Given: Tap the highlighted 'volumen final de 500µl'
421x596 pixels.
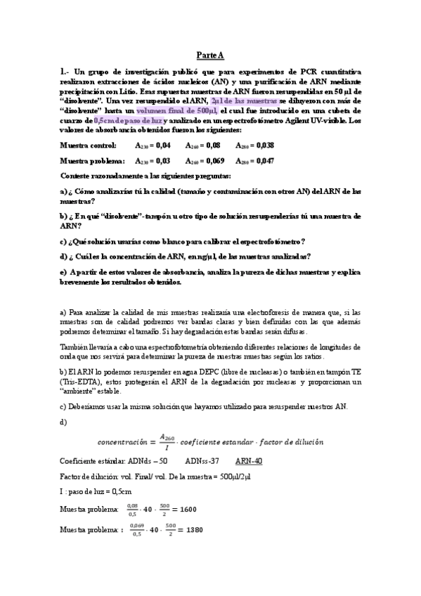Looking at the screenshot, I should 176,111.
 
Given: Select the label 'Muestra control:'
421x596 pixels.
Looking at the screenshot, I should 89,145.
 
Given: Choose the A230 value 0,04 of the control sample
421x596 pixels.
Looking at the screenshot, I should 162,145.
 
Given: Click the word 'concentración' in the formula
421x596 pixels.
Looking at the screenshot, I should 124,442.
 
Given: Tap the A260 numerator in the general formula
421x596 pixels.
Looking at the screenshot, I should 166,436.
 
